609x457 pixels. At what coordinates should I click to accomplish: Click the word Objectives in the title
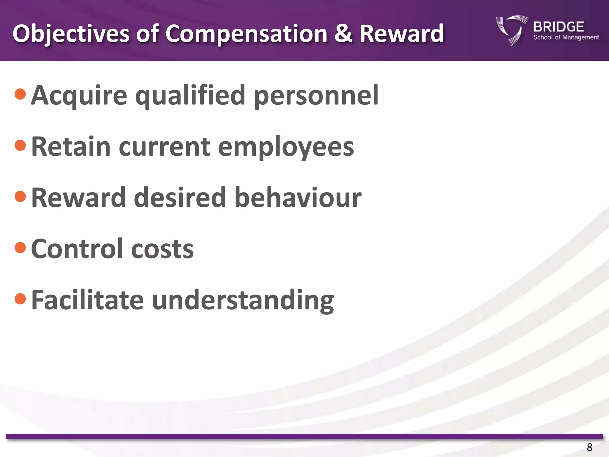click(71, 34)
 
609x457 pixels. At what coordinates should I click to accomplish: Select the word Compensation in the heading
click(246, 34)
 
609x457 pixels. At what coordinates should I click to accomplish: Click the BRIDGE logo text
click(559, 27)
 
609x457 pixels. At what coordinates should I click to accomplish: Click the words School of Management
click(566, 37)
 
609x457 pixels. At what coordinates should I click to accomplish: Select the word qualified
click(190, 96)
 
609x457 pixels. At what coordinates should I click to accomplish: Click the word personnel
click(316, 96)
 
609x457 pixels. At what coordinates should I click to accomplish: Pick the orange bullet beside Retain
click(20, 145)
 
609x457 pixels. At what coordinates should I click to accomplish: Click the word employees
click(286, 147)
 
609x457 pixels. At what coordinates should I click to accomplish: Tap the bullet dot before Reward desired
click(20, 196)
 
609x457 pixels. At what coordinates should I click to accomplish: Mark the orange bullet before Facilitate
click(20, 299)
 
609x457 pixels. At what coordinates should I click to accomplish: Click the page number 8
click(589, 447)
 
